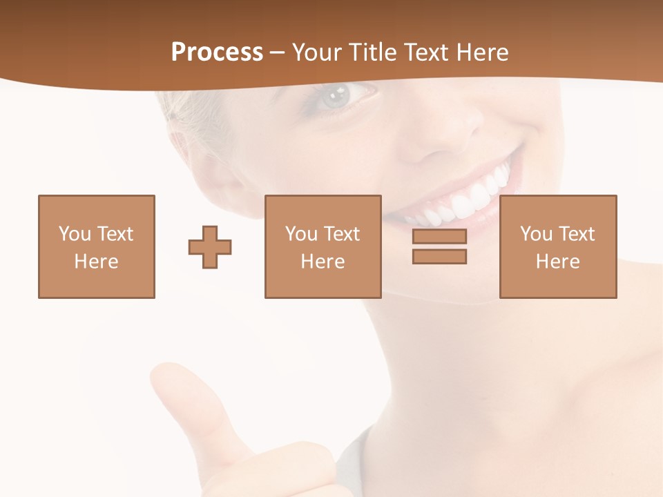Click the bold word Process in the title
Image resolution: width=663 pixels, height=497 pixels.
(217, 52)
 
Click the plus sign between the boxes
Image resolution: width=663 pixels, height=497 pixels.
(210, 246)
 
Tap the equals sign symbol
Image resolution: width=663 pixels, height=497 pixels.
(439, 246)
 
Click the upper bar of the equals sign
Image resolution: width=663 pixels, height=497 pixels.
(439, 237)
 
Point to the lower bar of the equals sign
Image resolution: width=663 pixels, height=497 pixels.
(439, 256)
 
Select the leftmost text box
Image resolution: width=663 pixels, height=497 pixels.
(97, 246)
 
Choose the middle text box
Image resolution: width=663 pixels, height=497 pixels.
(323, 246)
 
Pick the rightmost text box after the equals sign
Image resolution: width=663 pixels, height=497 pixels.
(558, 246)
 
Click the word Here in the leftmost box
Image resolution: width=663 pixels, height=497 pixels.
(97, 262)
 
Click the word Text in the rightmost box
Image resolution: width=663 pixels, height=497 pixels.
(576, 234)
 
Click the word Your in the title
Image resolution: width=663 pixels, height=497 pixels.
(316, 52)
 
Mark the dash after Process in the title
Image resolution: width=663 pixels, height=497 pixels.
(277, 52)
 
